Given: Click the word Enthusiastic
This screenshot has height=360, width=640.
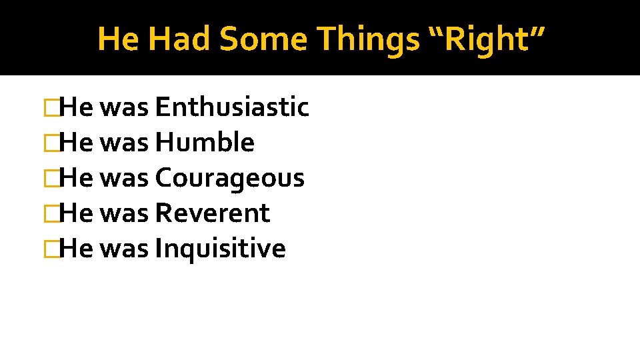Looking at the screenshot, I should tap(231, 107).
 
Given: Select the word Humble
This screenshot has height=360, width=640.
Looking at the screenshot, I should tap(204, 143).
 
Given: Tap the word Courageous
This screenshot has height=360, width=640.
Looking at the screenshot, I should tap(229, 178).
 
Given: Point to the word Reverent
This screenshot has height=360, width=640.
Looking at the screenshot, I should tap(212, 213).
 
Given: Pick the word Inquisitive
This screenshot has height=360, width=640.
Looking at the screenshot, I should tap(220, 249).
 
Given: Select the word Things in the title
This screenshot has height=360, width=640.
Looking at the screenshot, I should tap(365, 39).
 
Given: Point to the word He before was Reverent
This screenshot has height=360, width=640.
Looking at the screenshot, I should tap(75, 213).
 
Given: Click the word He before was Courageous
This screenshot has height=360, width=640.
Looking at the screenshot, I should tap(75, 178).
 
